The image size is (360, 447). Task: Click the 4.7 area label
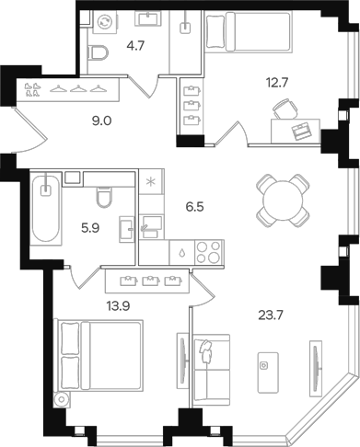pyautogui.click(x=135, y=47)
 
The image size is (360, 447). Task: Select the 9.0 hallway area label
pyautogui.click(x=101, y=121)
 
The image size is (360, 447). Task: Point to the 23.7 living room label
pyautogui.click(x=271, y=315)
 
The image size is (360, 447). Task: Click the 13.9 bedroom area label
pyautogui.click(x=119, y=305)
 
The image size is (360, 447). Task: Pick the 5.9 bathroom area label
pyautogui.click(x=90, y=228)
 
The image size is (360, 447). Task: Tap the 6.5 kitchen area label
pyautogui.click(x=194, y=207)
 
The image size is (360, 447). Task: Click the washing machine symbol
pyautogui.click(x=105, y=22)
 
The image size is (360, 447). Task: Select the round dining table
pyautogui.click(x=283, y=201)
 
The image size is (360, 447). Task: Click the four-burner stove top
pyautogui.click(x=209, y=252)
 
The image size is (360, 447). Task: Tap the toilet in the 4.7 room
pyautogui.click(x=99, y=53)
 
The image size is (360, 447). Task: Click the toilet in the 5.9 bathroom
pyautogui.click(x=105, y=197)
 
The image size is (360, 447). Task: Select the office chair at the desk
pyautogui.click(x=285, y=109)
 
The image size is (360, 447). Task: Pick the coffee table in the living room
pyautogui.click(x=268, y=372)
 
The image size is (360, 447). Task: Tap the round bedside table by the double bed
pyautogui.click(x=62, y=400)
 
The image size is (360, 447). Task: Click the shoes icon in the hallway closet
pyautogui.click(x=32, y=89)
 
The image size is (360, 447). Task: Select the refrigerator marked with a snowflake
pyautogui.click(x=151, y=182)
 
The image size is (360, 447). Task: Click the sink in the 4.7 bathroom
pyautogui.click(x=148, y=18)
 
